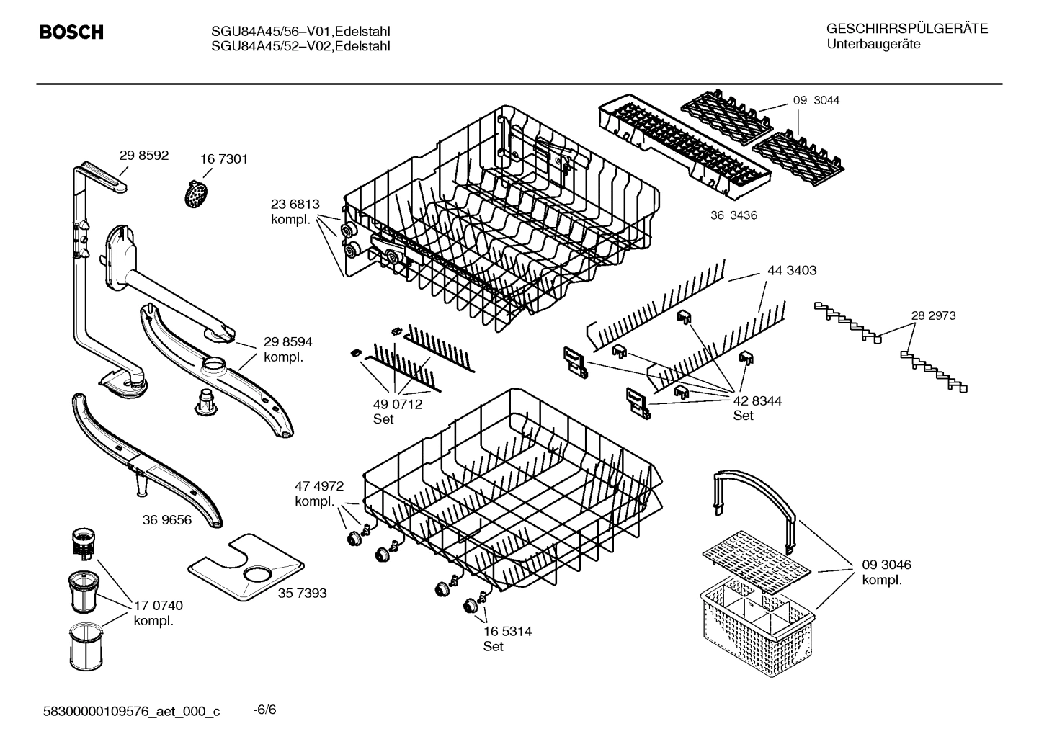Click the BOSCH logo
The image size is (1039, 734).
pos(71,33)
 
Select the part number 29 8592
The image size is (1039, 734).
pos(143,155)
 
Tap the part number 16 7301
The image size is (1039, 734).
pos(223,159)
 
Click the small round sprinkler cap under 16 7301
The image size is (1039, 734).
pos(196,194)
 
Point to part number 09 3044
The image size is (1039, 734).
pos(816,101)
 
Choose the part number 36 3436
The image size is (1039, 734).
pos(733,215)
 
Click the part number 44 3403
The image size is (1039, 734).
pos(792,271)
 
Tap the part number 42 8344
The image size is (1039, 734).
pos(757,400)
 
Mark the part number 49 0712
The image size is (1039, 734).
pos(398,405)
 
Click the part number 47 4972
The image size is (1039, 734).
pos(319,486)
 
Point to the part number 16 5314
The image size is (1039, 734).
pos(507,631)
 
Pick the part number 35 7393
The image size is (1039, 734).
pos(302,593)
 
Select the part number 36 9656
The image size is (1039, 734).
pos(167,519)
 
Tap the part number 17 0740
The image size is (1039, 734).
pos(159,606)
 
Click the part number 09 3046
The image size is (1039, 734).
pos(886,565)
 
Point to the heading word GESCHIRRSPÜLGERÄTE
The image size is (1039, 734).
pos(907,29)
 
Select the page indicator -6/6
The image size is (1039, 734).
pos(264,710)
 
